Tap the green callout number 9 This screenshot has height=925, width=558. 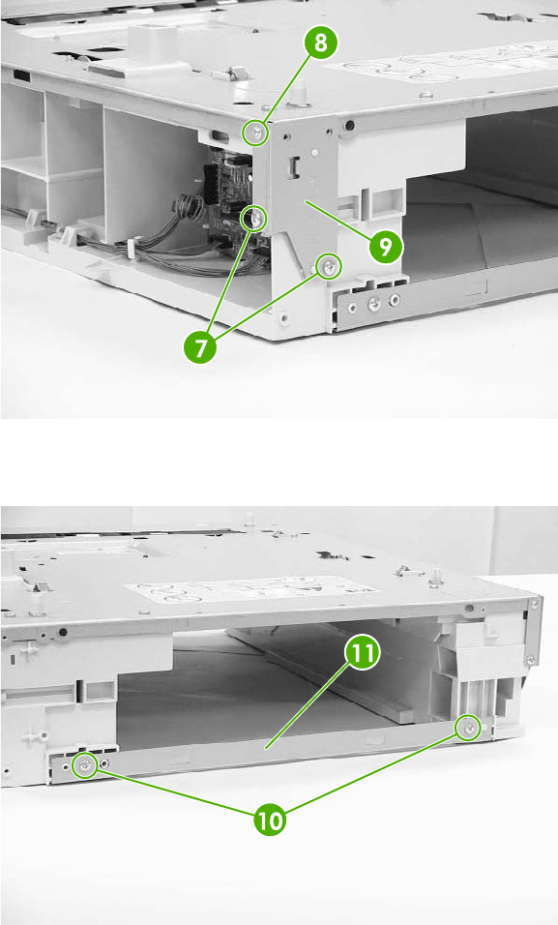386,246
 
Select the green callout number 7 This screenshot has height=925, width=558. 200,346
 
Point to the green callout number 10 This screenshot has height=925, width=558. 270,820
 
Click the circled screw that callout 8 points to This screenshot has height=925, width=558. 255,133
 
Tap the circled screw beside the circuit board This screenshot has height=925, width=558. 255,220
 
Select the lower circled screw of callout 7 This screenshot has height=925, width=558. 330,267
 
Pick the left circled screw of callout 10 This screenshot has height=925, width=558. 85,766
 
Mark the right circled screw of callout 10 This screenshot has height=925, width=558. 468,730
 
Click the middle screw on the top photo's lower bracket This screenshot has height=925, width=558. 373,305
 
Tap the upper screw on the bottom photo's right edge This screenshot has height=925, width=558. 535,604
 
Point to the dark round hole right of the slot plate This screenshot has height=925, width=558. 349,125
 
